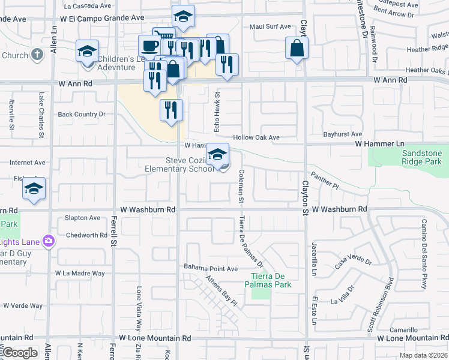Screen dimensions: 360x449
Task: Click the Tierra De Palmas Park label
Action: [x=271, y=280]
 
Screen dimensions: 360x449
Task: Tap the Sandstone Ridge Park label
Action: [x=422, y=158]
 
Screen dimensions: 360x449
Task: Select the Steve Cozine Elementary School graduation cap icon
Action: [x=218, y=154]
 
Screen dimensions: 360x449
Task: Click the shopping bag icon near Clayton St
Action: [x=297, y=49]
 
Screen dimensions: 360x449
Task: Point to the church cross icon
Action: [x=37, y=55]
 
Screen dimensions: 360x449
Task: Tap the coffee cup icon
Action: [x=149, y=45]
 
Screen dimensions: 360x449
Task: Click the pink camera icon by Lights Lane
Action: [x=48, y=242]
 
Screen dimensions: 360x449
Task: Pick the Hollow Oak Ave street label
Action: [x=256, y=137]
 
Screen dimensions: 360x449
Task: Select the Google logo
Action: [x=20, y=353]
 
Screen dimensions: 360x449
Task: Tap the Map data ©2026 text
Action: [x=423, y=355]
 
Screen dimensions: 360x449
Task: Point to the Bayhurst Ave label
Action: [x=342, y=134]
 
